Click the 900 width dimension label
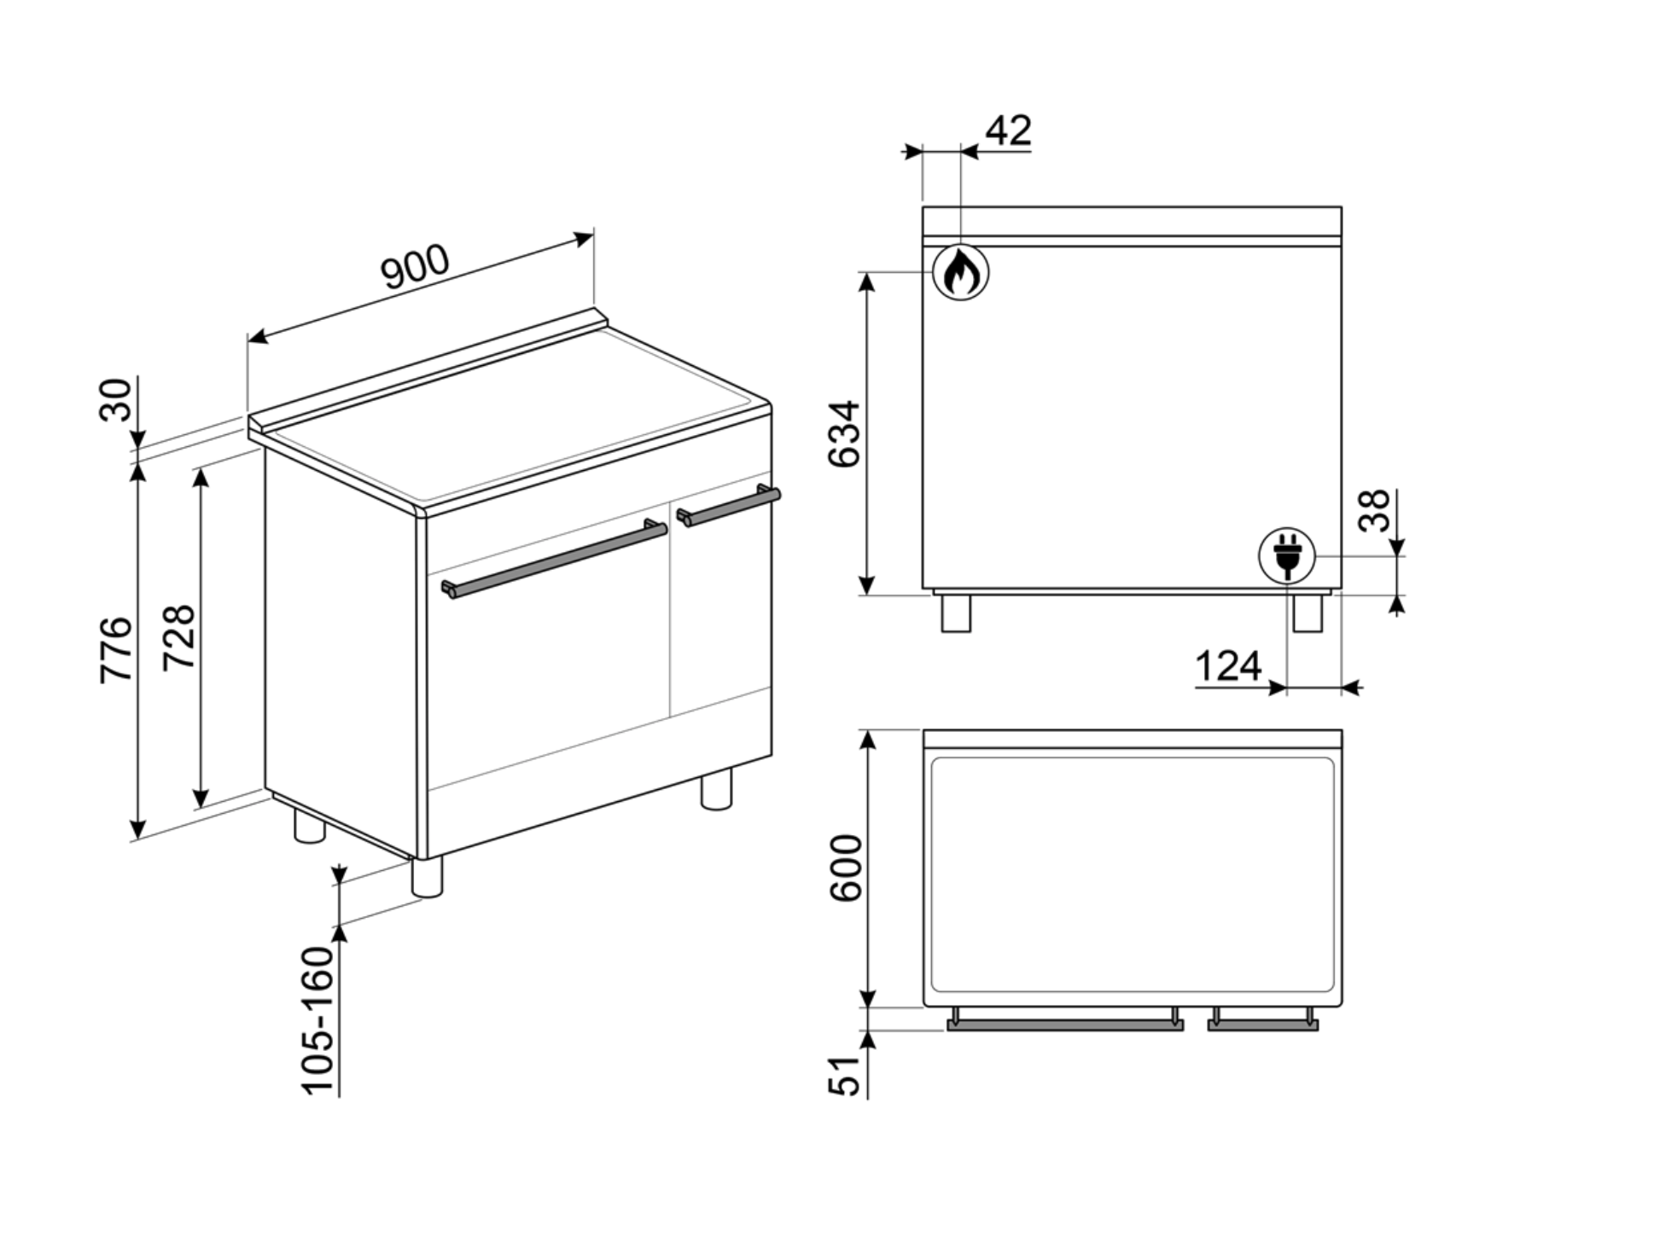point(415,267)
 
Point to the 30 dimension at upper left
point(117,399)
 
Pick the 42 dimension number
point(1008,131)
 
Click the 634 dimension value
point(845,433)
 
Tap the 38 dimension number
point(1374,510)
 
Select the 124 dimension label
point(1228,666)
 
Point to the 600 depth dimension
point(847,868)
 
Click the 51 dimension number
point(847,1076)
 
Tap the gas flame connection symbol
point(961,273)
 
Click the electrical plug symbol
point(1287,555)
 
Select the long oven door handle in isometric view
point(555,560)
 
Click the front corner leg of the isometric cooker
point(427,877)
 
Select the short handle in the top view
point(1263,1025)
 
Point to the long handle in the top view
point(1065,1025)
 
